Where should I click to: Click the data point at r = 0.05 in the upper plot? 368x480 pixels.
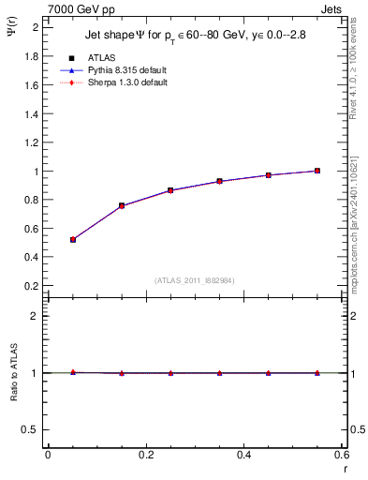click(72, 240)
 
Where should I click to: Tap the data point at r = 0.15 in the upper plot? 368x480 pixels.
click(122, 205)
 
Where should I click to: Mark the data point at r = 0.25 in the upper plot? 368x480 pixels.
click(170, 190)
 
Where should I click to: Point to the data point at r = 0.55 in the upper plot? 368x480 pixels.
click(317, 171)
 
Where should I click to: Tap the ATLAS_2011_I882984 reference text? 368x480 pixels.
click(195, 279)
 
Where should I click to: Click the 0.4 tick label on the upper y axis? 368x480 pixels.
click(31, 257)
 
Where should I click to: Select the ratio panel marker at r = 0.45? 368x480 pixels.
click(269, 373)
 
